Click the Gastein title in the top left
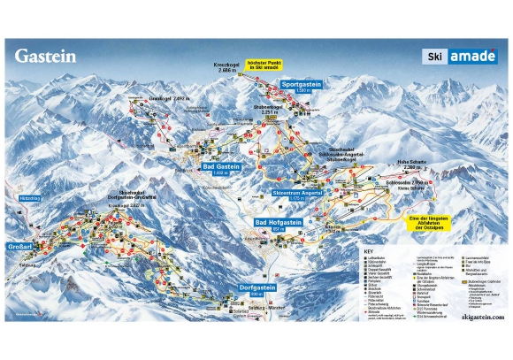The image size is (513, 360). [45, 56]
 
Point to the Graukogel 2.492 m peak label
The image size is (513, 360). [169, 98]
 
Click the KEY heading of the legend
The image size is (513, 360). [369, 251]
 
